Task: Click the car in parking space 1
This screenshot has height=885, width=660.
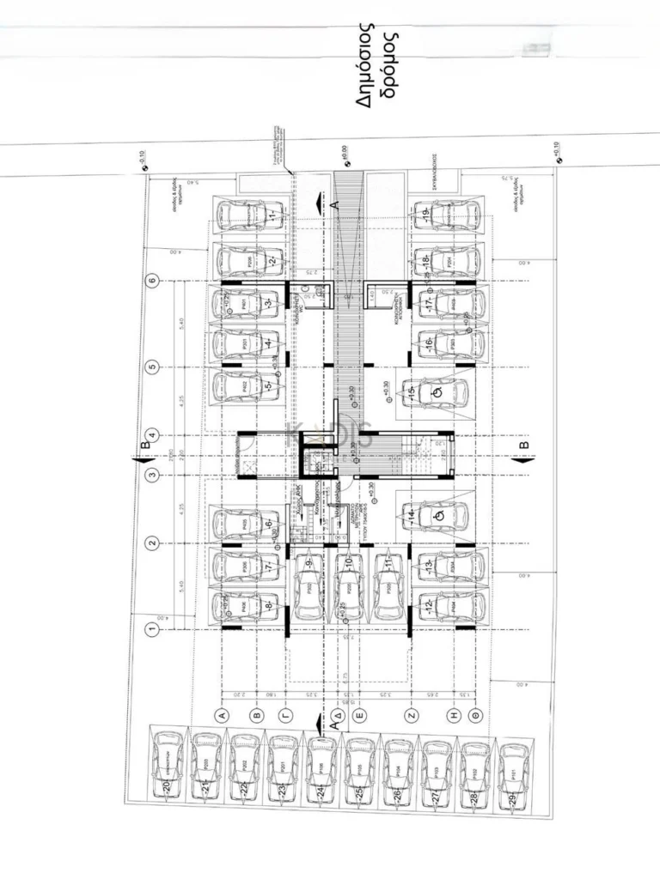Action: (247, 214)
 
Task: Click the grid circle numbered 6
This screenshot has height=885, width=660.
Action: (153, 280)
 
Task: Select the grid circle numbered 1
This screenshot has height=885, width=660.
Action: (153, 629)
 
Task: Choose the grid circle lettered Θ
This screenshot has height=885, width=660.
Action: (477, 714)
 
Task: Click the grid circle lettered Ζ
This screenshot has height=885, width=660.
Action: (412, 714)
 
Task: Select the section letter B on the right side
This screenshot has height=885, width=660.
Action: (524, 446)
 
